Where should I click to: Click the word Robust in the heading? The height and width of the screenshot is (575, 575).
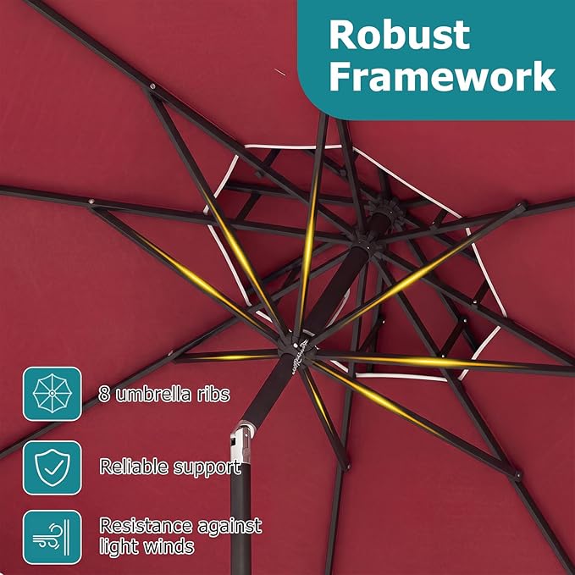click(x=400, y=35)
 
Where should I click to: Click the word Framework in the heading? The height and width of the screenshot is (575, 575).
click(x=443, y=76)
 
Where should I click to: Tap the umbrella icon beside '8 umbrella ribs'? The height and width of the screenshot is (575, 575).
click(x=52, y=394)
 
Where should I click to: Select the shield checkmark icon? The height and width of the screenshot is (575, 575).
click(x=52, y=467)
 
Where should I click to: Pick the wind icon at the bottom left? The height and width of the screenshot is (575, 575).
click(x=52, y=537)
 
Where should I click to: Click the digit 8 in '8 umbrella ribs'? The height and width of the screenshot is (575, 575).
click(x=104, y=395)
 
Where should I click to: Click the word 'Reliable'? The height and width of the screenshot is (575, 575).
click(x=134, y=467)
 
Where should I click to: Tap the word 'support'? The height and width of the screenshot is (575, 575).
click(x=207, y=469)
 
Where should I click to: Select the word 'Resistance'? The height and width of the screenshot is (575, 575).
click(x=146, y=526)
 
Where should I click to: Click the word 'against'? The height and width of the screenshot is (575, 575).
click(x=229, y=528)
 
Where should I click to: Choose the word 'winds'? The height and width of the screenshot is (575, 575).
click(x=169, y=546)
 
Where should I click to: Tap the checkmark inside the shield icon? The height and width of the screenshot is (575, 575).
click(x=53, y=467)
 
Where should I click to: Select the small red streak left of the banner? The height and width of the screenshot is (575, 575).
click(x=279, y=72)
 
